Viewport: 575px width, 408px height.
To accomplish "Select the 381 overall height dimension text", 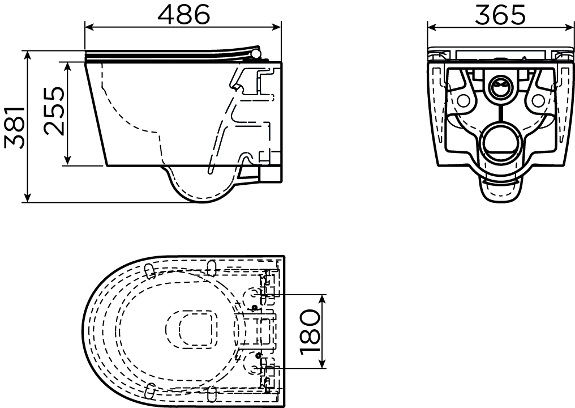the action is [15, 127].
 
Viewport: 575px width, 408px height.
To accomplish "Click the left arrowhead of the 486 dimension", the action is [89, 27].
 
